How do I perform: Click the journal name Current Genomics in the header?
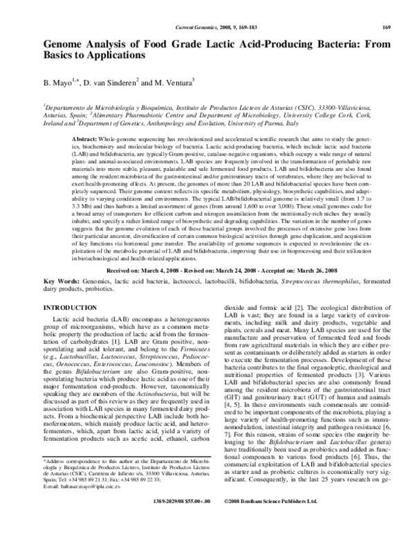click(x=187, y=27)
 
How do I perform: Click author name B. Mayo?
click(x=57, y=82)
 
